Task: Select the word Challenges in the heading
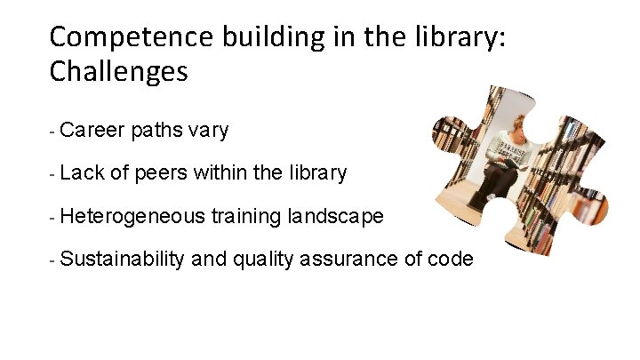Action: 119,71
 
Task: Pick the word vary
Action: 208,132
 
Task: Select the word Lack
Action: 83,173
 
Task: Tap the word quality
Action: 260,259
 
